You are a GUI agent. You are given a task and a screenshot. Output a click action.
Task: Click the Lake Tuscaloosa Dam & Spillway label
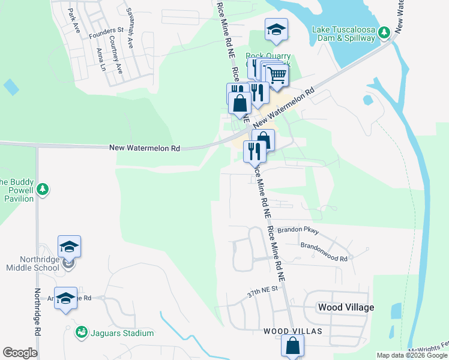tap(343, 33)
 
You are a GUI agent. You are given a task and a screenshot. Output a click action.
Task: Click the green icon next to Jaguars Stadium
tap(81, 332)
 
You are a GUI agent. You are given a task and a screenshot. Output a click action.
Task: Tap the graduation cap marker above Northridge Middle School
tap(69, 247)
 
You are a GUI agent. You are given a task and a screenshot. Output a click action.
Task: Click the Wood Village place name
tap(346, 307)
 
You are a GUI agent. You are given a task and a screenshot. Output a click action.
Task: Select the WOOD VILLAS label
tap(293, 331)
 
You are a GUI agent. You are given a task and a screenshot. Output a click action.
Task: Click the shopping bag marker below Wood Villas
tap(292, 346)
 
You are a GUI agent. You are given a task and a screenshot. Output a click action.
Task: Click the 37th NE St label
tap(263, 292)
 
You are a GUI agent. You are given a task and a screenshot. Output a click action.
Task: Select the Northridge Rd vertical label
tap(38, 312)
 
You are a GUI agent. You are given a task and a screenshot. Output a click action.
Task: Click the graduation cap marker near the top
tap(276, 29)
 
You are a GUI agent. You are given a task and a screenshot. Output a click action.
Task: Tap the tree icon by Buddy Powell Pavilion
tap(43, 190)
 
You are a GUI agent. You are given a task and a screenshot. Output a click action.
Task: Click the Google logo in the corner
tap(20, 353)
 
